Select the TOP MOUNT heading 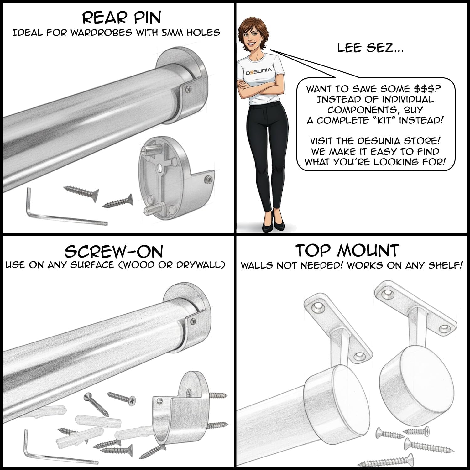(347, 250)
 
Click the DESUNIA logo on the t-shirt (259, 72)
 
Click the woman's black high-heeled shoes (271, 223)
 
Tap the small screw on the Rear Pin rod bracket (188, 89)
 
